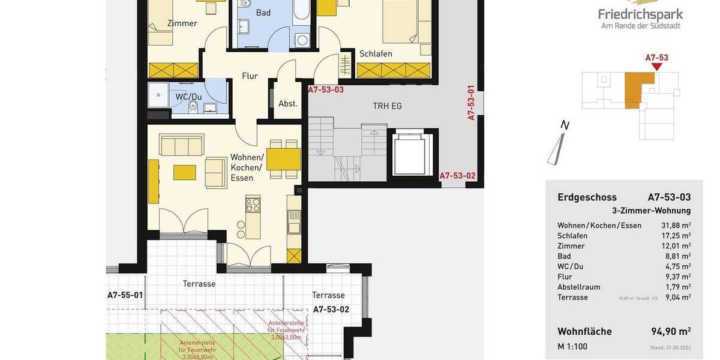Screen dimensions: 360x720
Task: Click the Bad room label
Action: coord(263,13)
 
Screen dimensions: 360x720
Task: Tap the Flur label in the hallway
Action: coord(250,76)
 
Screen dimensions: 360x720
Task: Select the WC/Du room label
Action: coord(188,97)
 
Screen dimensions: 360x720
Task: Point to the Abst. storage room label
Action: coord(288,103)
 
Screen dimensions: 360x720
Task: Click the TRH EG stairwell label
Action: coord(387,106)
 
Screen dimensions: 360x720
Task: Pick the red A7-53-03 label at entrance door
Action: coord(326,90)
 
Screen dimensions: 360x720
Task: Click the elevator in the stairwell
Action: coord(413,154)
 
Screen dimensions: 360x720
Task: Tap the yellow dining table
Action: coord(283,160)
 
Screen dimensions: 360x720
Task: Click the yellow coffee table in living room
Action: coord(184,172)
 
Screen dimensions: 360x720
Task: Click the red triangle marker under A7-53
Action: coord(656,67)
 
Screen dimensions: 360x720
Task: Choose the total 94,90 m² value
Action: coord(671,332)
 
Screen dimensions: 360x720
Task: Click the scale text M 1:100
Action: coord(572,346)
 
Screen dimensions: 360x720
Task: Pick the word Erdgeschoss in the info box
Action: coord(587,197)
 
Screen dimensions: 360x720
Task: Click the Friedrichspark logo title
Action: coord(640,14)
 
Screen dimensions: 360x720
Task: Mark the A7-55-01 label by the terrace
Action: coord(125,295)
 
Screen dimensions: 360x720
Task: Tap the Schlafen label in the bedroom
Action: coord(376,54)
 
